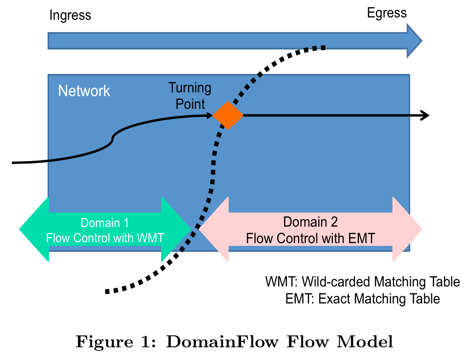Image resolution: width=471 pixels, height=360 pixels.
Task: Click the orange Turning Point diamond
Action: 227,115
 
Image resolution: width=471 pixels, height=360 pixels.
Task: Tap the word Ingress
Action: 70,16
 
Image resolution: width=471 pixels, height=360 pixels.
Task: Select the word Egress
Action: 387,13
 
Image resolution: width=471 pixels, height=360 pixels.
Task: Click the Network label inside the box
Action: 84,90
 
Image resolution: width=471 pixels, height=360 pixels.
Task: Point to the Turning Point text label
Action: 190,96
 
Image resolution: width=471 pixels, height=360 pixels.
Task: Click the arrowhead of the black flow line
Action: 425,115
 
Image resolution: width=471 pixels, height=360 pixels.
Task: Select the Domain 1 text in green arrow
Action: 105,223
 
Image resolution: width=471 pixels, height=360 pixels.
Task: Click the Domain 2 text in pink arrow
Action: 310,222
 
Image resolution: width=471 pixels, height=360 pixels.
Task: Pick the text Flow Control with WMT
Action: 105,237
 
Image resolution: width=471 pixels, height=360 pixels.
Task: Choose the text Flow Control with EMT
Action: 310,238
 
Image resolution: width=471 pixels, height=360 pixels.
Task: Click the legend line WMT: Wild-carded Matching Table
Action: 363,282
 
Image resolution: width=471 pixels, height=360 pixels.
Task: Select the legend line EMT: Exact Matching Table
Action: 363,299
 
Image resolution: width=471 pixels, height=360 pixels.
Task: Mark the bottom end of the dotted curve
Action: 106,291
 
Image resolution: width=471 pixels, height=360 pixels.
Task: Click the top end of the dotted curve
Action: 324,47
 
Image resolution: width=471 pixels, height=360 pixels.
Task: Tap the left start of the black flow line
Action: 13,163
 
